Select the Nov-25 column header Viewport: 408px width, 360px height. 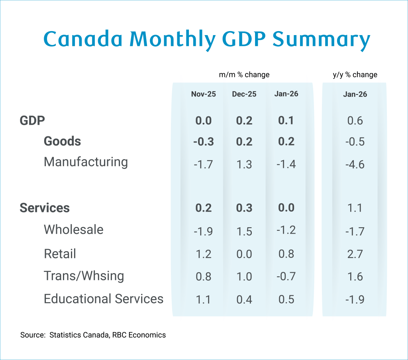(203, 94)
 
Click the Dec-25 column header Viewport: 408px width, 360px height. (244, 94)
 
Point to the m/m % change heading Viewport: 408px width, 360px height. (244, 75)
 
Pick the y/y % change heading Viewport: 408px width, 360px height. (355, 75)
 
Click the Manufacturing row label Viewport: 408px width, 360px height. (86, 162)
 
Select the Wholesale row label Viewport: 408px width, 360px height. (73, 230)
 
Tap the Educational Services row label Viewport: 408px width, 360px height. (104, 299)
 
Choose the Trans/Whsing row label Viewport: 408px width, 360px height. (84, 276)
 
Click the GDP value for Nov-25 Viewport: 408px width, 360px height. (203, 120)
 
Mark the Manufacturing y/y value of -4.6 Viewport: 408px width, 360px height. (355, 164)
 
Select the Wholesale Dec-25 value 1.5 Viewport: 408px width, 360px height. (244, 232)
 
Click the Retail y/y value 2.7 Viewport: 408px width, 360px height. (355, 254)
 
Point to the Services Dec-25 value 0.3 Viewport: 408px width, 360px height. (244, 208)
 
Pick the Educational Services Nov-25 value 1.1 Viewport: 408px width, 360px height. (203, 299)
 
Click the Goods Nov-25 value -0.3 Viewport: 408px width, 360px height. (203, 142)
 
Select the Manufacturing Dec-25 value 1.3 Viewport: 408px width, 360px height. (244, 164)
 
